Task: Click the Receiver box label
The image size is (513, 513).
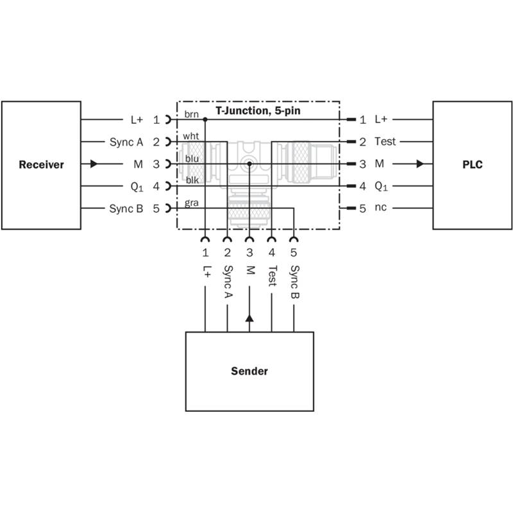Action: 41,165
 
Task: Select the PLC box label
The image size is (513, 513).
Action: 473,165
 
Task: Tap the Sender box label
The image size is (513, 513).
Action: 249,371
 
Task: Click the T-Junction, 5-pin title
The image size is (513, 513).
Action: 258,110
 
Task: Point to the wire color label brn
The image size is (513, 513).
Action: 191,114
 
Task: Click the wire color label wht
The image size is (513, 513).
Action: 190,136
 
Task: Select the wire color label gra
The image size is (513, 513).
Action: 191,203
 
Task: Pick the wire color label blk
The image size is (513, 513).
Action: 192,180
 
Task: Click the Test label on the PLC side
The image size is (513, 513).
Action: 385,141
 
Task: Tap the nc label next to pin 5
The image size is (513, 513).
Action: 380,207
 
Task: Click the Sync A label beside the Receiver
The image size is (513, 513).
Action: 126,142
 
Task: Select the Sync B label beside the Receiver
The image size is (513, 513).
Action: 126,208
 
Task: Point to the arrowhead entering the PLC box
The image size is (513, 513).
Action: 420,164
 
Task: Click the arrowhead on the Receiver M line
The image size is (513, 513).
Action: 94,164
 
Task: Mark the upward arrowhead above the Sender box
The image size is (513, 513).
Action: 249,318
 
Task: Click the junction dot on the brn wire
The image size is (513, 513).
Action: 205,119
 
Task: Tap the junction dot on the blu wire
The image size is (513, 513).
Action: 249,164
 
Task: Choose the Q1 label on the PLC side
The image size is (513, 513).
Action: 381,186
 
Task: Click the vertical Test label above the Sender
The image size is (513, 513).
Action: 272,276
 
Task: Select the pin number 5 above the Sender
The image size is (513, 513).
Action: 294,252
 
